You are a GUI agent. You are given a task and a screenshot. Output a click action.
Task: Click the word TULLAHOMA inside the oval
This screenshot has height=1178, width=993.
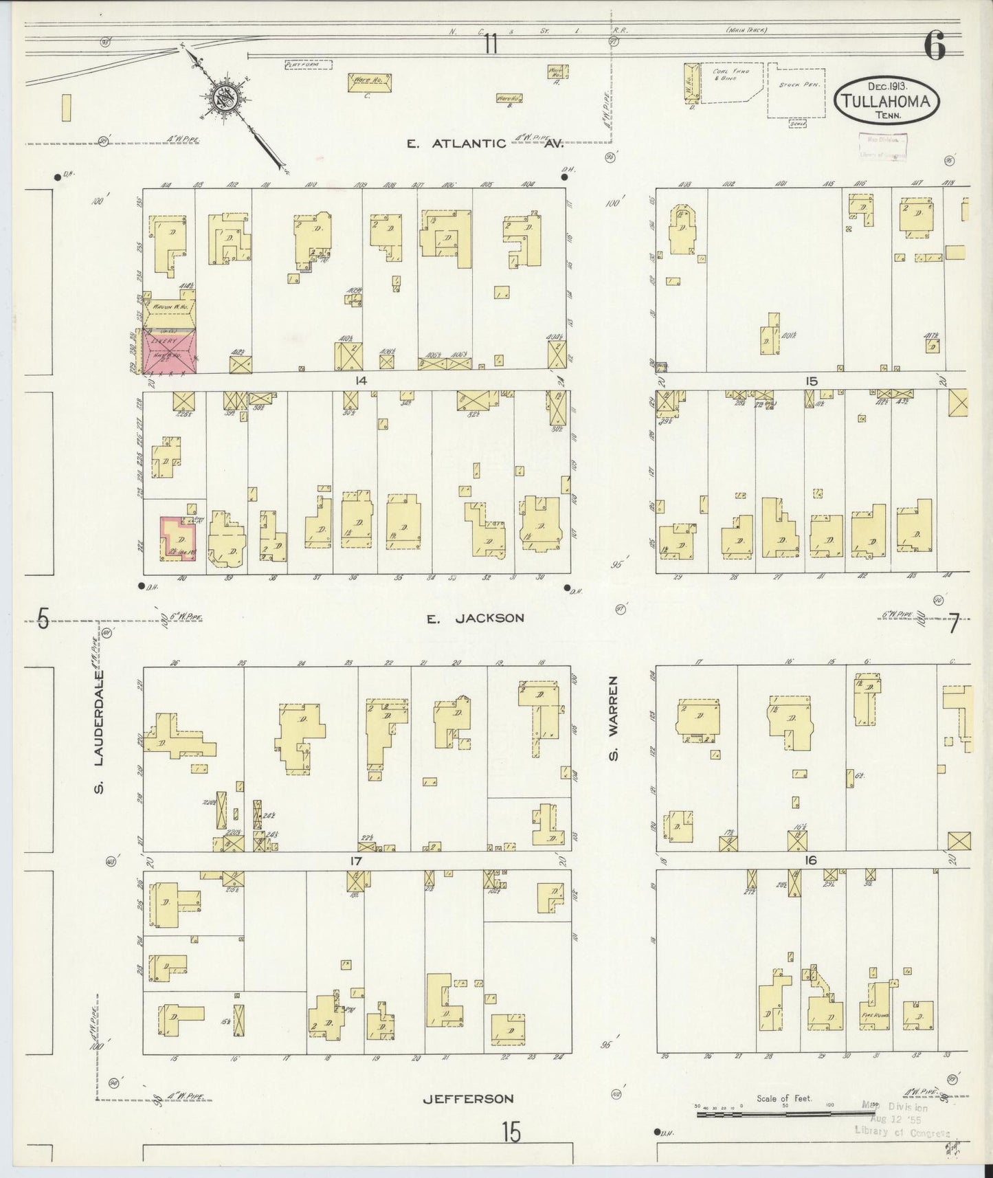coord(886,102)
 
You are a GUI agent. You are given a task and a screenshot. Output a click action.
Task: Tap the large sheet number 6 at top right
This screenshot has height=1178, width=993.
coord(934,47)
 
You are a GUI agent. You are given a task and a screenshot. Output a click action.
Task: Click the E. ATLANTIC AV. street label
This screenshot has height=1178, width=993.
coord(484,144)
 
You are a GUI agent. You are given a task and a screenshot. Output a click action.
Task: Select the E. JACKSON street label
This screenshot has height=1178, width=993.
coord(475,618)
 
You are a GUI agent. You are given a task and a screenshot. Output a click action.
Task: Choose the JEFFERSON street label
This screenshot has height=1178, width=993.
coord(467,1098)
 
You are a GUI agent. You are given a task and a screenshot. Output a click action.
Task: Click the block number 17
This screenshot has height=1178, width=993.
coord(355,860)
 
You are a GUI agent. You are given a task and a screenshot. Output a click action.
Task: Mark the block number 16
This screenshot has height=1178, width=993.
coord(811,860)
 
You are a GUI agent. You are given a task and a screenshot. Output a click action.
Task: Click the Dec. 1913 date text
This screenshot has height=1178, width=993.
coord(887,87)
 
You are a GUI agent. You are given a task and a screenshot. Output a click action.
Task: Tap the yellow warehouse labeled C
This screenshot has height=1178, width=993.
coord(370,83)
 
